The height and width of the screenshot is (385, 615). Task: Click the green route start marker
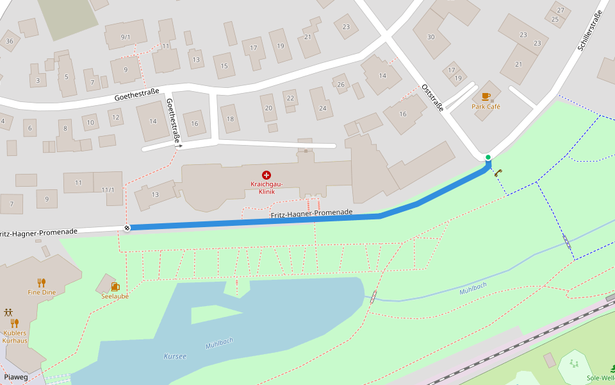pos(488,157)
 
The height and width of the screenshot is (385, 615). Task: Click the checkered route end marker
pos(127,227)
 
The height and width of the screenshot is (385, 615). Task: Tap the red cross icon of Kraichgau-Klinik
pos(266,175)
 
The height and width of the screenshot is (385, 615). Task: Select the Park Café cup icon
pos(486,97)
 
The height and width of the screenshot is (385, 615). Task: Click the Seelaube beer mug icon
pos(115,286)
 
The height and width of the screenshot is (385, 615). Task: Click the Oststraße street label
pos(432,98)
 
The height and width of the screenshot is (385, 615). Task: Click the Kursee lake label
pos(175,356)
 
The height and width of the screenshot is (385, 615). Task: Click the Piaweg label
pos(16,377)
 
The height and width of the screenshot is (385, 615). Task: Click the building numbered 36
pos(9,41)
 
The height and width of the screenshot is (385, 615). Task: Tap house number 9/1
pos(126,37)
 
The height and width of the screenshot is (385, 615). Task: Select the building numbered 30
pos(430,37)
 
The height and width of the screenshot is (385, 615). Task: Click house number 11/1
pos(108,189)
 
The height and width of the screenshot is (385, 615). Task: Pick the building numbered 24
pos(322,107)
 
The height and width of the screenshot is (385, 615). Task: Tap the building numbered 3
pos(38,80)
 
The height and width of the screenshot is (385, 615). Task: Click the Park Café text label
pos(486,107)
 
